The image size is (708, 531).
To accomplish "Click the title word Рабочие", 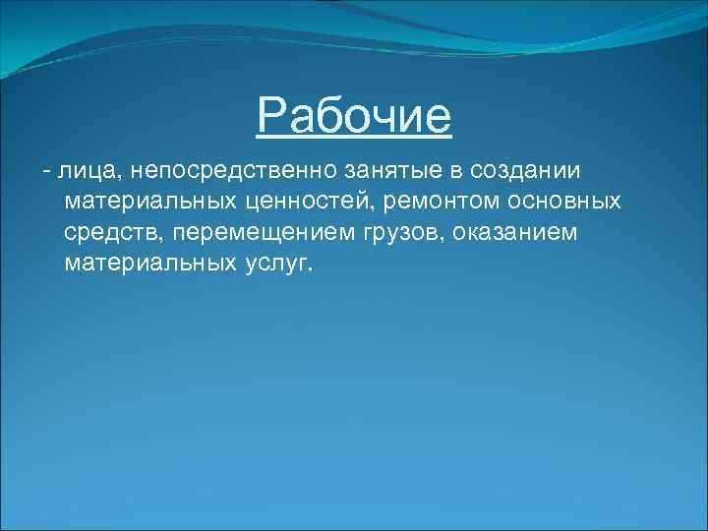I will pyautogui.click(x=354, y=117).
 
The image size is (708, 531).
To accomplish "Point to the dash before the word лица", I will pyautogui.click(x=46, y=171).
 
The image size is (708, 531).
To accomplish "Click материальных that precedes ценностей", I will pyautogui.click(x=146, y=202).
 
